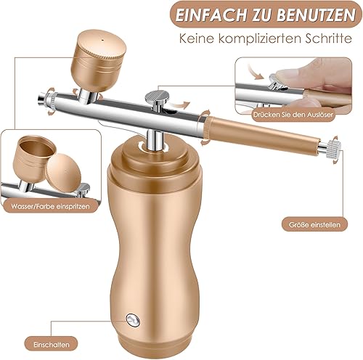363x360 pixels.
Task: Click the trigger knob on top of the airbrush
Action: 154,94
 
